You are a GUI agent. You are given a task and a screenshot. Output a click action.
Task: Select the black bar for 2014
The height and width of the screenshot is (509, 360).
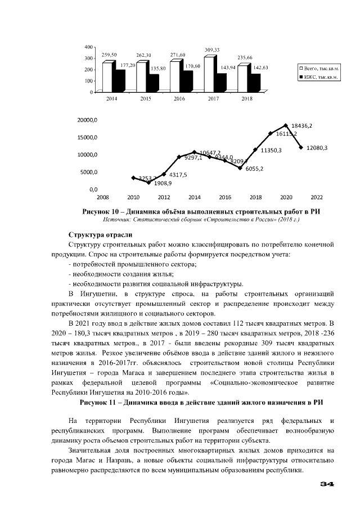[118, 80]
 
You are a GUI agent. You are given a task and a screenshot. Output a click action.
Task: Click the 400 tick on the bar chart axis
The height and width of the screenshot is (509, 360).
[88, 46]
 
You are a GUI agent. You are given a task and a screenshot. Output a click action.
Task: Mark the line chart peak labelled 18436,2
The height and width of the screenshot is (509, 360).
[286, 125]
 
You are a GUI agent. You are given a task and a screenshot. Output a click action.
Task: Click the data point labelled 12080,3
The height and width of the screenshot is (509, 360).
[301, 147]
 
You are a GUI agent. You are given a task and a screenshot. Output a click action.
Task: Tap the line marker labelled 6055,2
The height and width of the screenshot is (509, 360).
[240, 168]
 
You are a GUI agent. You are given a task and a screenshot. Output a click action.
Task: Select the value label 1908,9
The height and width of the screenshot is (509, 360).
[148, 182]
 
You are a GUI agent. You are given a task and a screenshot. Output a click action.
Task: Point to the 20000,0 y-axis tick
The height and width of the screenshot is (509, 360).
[87, 120]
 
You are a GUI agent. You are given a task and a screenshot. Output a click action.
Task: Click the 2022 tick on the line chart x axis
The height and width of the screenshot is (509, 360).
[317, 197]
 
